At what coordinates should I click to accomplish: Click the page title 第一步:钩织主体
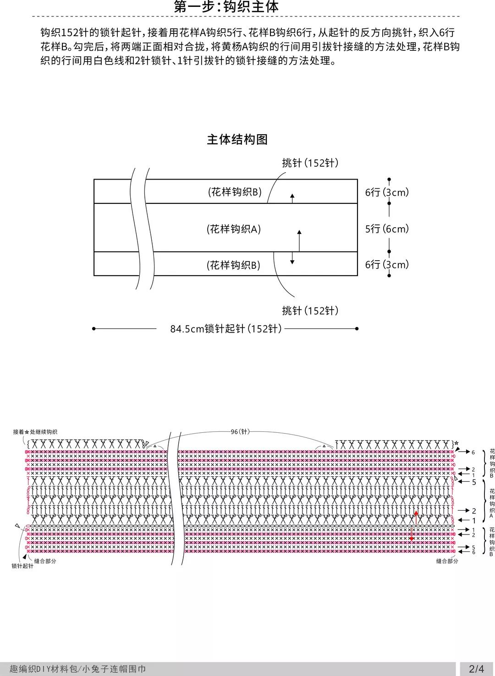[226, 6]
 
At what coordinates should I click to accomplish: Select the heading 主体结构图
[237, 139]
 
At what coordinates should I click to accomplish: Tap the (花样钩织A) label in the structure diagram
[233, 229]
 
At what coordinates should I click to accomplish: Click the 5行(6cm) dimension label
[387, 229]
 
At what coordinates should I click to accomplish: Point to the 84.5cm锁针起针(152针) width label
[226, 329]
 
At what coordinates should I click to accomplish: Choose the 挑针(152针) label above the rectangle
[310, 163]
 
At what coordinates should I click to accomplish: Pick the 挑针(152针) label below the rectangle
[310, 311]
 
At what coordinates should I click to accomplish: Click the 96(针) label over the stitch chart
[240, 432]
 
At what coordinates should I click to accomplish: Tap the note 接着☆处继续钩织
[35, 432]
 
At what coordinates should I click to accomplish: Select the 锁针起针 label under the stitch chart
[22, 566]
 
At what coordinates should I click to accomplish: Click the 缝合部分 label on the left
[45, 561]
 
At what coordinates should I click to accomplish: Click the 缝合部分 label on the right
[447, 561]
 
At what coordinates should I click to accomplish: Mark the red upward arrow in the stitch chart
[416, 517]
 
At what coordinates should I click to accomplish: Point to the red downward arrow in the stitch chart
[411, 534]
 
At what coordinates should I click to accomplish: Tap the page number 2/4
[477, 669]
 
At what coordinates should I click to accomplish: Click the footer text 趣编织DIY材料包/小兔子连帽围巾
[77, 669]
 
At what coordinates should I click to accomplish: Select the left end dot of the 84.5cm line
[93, 329]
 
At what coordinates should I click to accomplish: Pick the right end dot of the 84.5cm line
[357, 329]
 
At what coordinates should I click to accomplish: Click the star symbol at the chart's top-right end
[456, 443]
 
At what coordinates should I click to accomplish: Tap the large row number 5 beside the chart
[474, 482]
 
